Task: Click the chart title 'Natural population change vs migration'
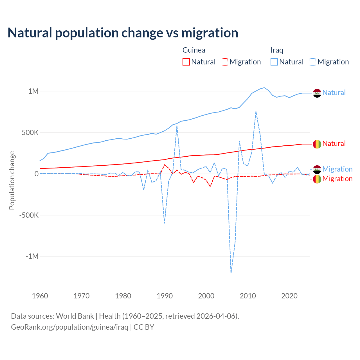[x=123, y=33]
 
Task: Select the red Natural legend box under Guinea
[x=186, y=62]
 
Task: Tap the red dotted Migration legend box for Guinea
[x=224, y=62]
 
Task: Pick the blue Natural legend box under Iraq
[x=274, y=62]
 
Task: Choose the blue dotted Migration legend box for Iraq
[x=312, y=62]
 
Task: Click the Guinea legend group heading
[x=194, y=50]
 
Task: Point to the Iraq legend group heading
[x=277, y=50]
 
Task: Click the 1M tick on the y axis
[x=33, y=91]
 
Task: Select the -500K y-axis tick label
[x=29, y=215]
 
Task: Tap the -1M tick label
[x=32, y=256]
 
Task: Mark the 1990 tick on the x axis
[x=165, y=296]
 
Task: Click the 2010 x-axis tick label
[x=248, y=296]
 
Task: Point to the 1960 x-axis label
[x=40, y=296]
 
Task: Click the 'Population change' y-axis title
[x=12, y=181]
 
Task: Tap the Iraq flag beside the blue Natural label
[x=317, y=93]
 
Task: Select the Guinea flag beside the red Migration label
[x=317, y=179]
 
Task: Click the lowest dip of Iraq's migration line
[x=231, y=273]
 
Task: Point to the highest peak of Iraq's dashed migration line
[x=256, y=112]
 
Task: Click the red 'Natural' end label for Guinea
[x=334, y=143]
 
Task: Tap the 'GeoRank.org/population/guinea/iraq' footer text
[x=69, y=327]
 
